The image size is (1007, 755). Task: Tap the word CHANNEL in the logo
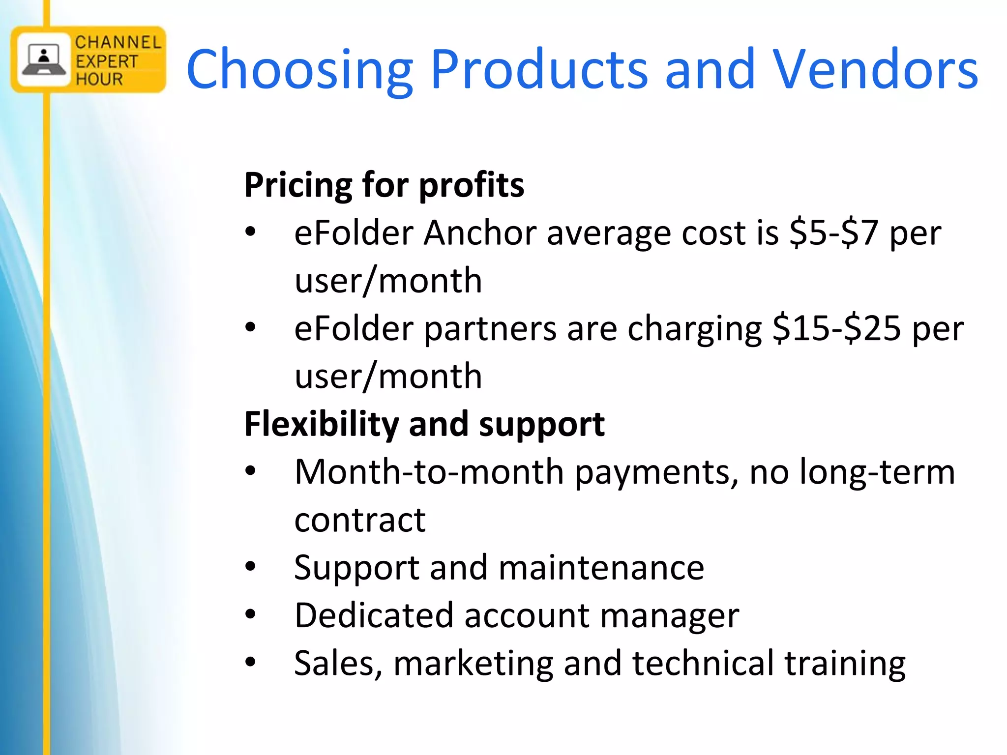click(x=118, y=42)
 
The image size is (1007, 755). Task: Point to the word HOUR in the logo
click(x=99, y=79)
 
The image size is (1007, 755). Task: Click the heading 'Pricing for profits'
click(x=384, y=185)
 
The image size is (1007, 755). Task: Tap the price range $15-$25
click(x=836, y=328)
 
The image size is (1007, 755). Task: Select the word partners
click(x=490, y=329)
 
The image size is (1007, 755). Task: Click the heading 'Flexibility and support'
click(x=424, y=424)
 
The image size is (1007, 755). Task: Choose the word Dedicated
click(x=374, y=615)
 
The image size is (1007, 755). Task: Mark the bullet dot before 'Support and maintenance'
click(x=251, y=567)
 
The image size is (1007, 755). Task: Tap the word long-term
click(x=877, y=471)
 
